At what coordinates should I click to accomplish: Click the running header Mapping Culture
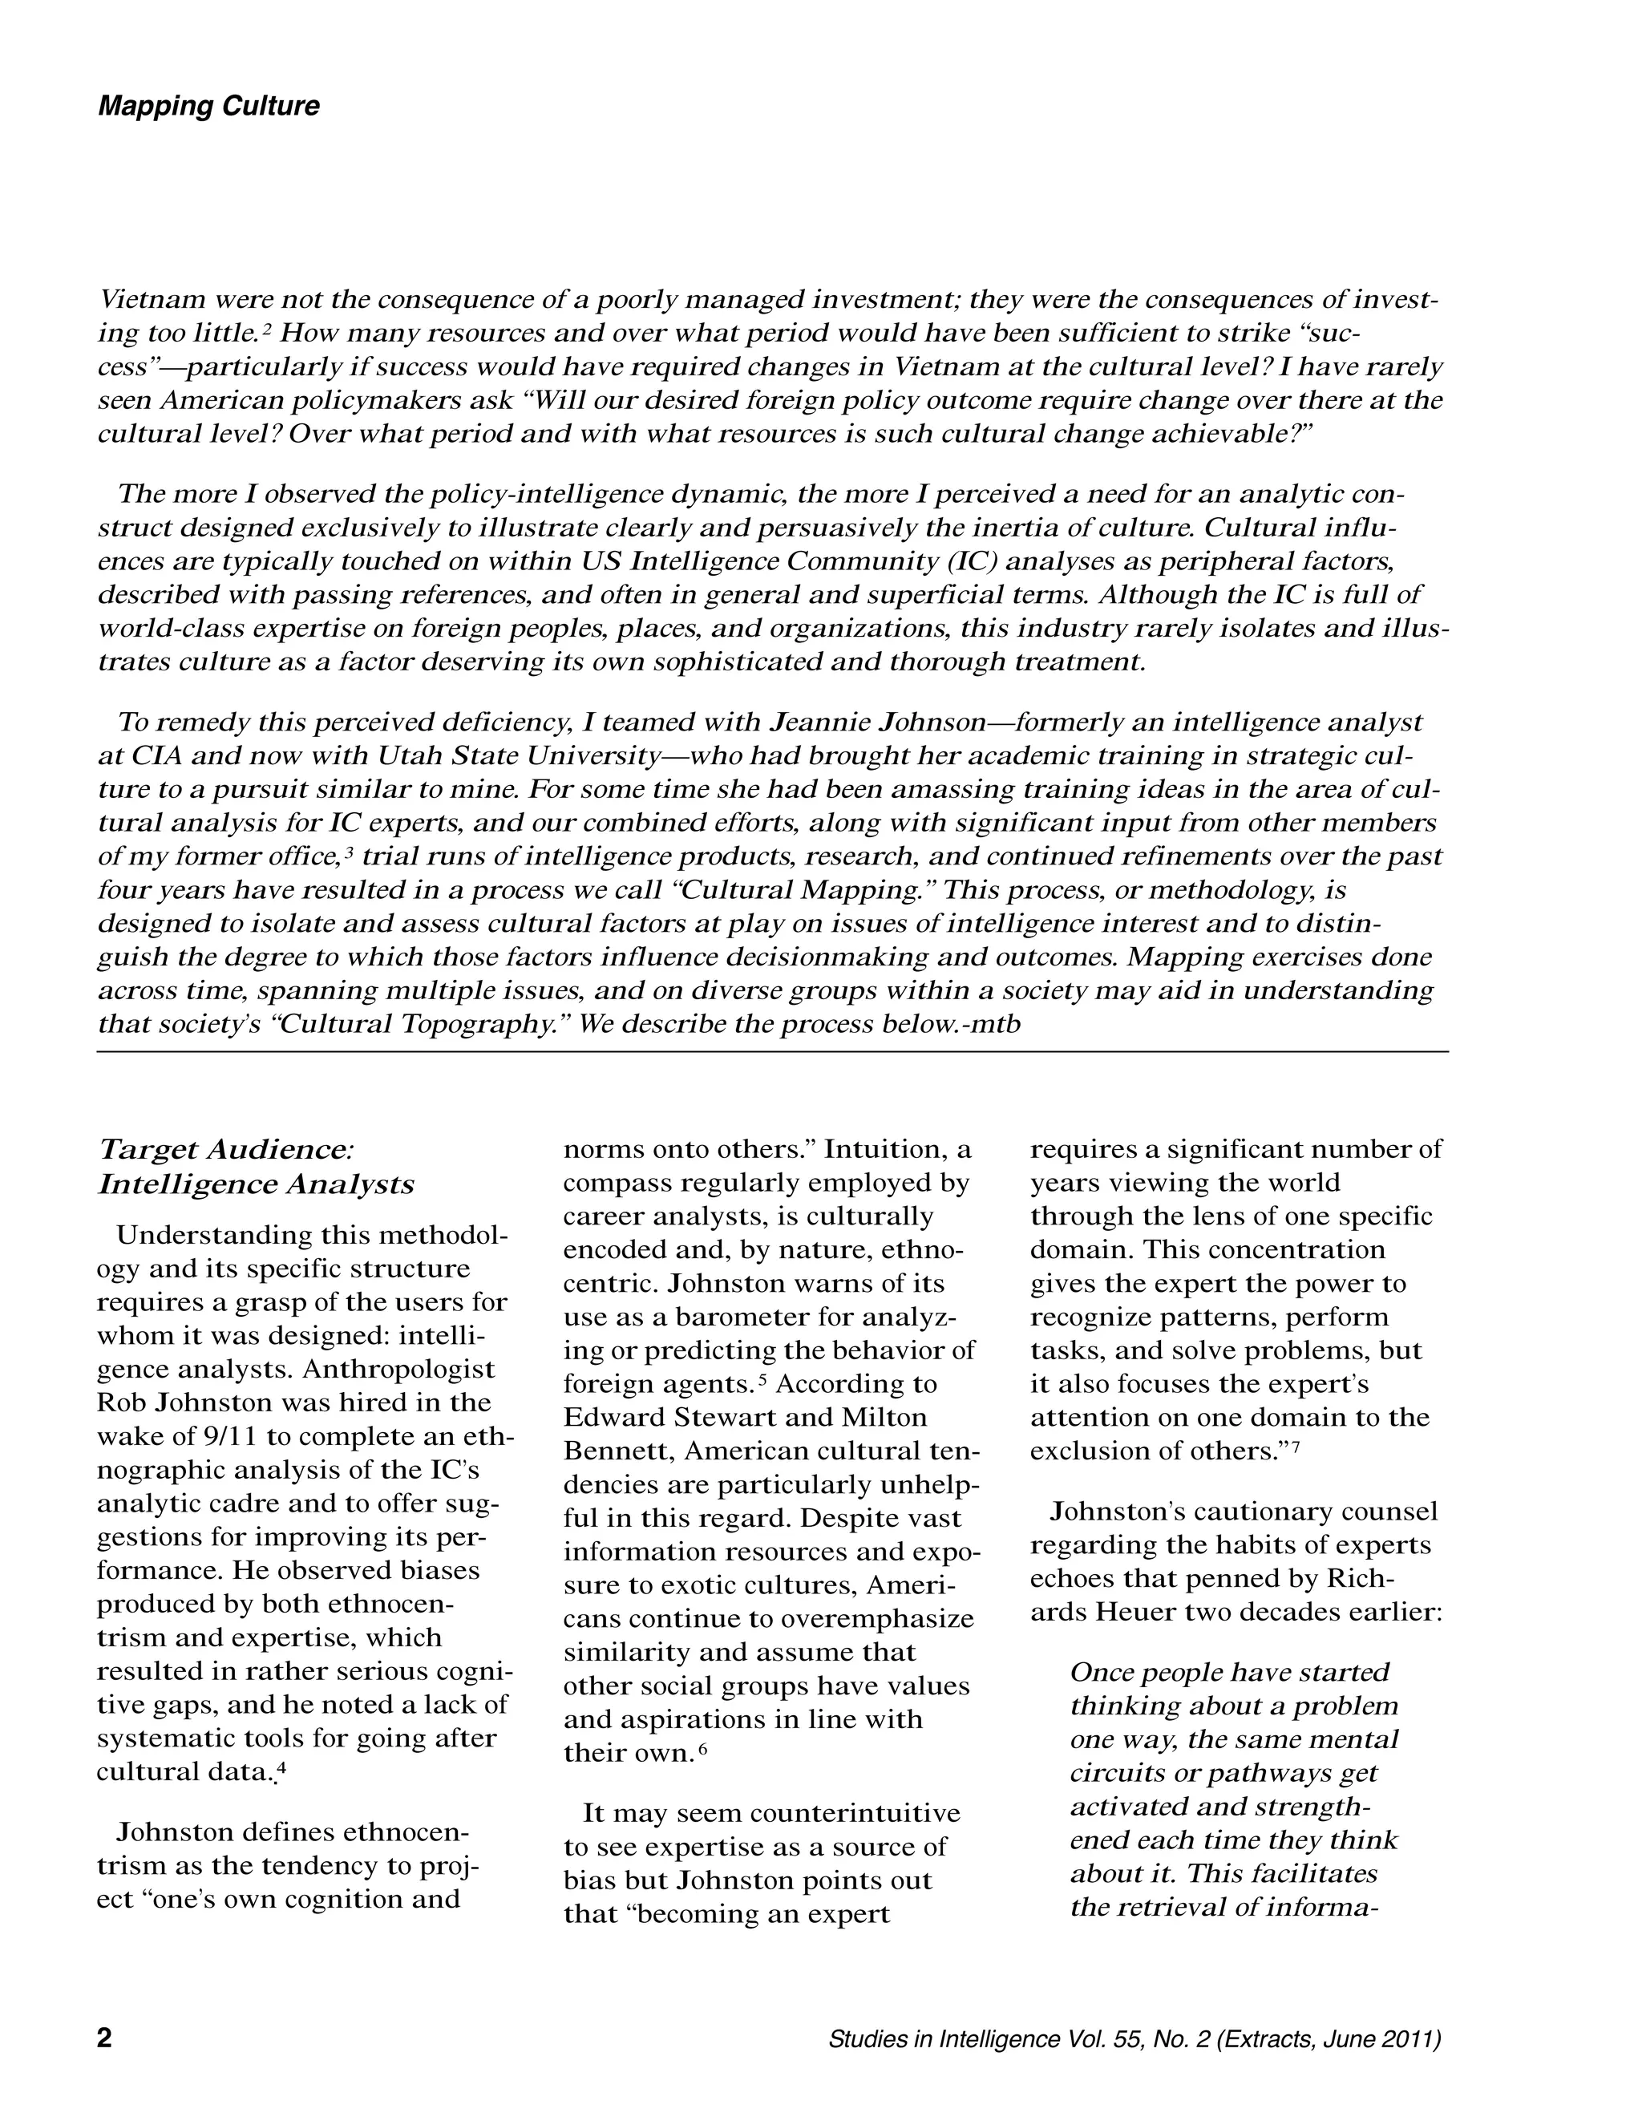pyautogui.click(x=208, y=106)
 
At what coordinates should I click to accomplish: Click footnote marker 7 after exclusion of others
pyautogui.click(x=1296, y=1447)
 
